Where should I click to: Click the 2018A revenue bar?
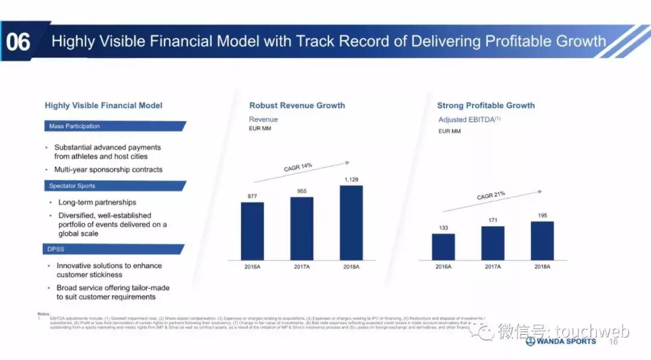pyautogui.click(x=351, y=223)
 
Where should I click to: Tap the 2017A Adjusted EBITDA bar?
pyautogui.click(x=492, y=243)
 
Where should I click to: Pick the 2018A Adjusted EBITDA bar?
pyautogui.click(x=542, y=241)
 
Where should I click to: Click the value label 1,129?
pyautogui.click(x=351, y=179)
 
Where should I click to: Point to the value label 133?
pyautogui.click(x=443, y=227)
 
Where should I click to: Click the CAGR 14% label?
pyautogui.click(x=298, y=168)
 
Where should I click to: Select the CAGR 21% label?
pyautogui.click(x=491, y=196)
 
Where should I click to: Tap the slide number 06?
pyautogui.click(x=17, y=42)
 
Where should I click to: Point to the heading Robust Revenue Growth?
pyautogui.click(x=297, y=106)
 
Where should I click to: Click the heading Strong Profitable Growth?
pyautogui.click(x=486, y=106)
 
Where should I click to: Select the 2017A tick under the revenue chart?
pyautogui.click(x=301, y=266)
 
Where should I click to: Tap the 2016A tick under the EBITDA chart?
pyautogui.click(x=443, y=266)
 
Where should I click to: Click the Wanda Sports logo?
pyautogui.click(x=561, y=341)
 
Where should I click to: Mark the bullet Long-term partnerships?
pyautogui.click(x=97, y=203)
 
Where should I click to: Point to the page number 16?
pyautogui.click(x=614, y=341)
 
